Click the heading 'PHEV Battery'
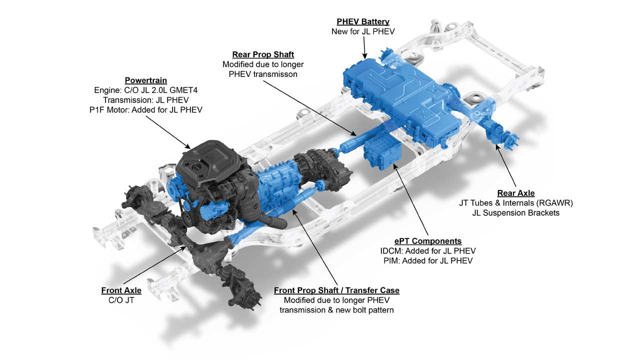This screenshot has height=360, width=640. pyautogui.click(x=363, y=21)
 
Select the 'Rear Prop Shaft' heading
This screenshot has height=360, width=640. pyautogui.click(x=263, y=54)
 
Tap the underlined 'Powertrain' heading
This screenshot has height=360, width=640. pyautogui.click(x=145, y=80)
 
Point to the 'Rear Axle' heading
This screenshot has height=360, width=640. pyautogui.click(x=516, y=193)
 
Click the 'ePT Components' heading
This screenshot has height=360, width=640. pyautogui.click(x=428, y=241)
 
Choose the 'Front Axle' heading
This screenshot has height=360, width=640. pyautogui.click(x=121, y=290)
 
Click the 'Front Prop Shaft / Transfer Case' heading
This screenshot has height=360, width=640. pyautogui.click(x=336, y=290)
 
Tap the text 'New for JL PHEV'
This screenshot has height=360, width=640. pyautogui.click(x=363, y=31)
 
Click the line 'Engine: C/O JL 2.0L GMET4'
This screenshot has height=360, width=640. pyautogui.click(x=145, y=90)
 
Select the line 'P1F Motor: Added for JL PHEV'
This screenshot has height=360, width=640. pyautogui.click(x=145, y=109)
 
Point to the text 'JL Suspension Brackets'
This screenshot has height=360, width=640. pyautogui.click(x=516, y=213)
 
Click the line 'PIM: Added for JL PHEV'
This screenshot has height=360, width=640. pyautogui.click(x=428, y=261)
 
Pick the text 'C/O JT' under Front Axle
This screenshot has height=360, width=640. pyautogui.click(x=121, y=300)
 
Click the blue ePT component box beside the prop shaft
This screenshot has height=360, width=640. pyautogui.click(x=382, y=155)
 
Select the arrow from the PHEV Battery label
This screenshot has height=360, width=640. pyautogui.click(x=364, y=47)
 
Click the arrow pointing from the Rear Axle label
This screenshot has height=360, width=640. pyautogui.click(x=506, y=165)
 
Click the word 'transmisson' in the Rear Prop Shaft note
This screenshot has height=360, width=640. pyautogui.click(x=277, y=74)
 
